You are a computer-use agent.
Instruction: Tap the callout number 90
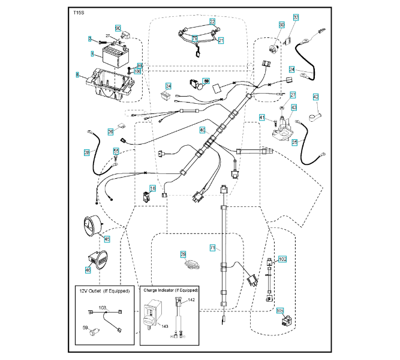(x=118, y=28)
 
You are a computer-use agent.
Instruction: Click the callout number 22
(x=212, y=21)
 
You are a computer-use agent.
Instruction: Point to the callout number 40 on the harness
(x=202, y=130)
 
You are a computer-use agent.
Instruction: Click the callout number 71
(x=212, y=247)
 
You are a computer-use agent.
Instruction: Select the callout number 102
(x=282, y=259)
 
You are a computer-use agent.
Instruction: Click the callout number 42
(x=315, y=97)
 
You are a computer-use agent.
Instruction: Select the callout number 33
(x=296, y=17)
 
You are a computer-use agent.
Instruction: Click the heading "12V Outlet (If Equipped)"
(x=105, y=290)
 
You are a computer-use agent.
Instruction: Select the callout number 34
(x=169, y=86)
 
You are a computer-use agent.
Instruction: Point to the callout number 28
(x=87, y=153)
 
